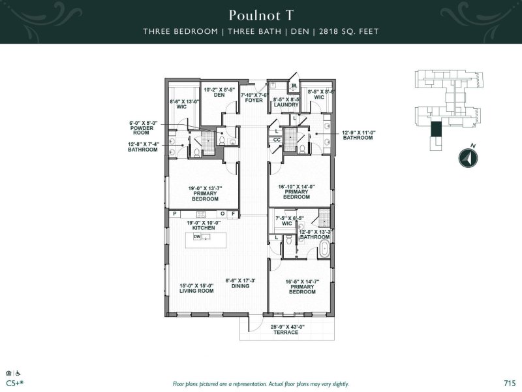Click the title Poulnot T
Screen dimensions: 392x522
(x=260, y=14)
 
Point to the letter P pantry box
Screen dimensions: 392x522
(x=175, y=214)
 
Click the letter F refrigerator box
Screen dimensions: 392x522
(x=233, y=214)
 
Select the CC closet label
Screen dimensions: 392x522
(x=277, y=139)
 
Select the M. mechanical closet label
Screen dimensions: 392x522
(x=294, y=86)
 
